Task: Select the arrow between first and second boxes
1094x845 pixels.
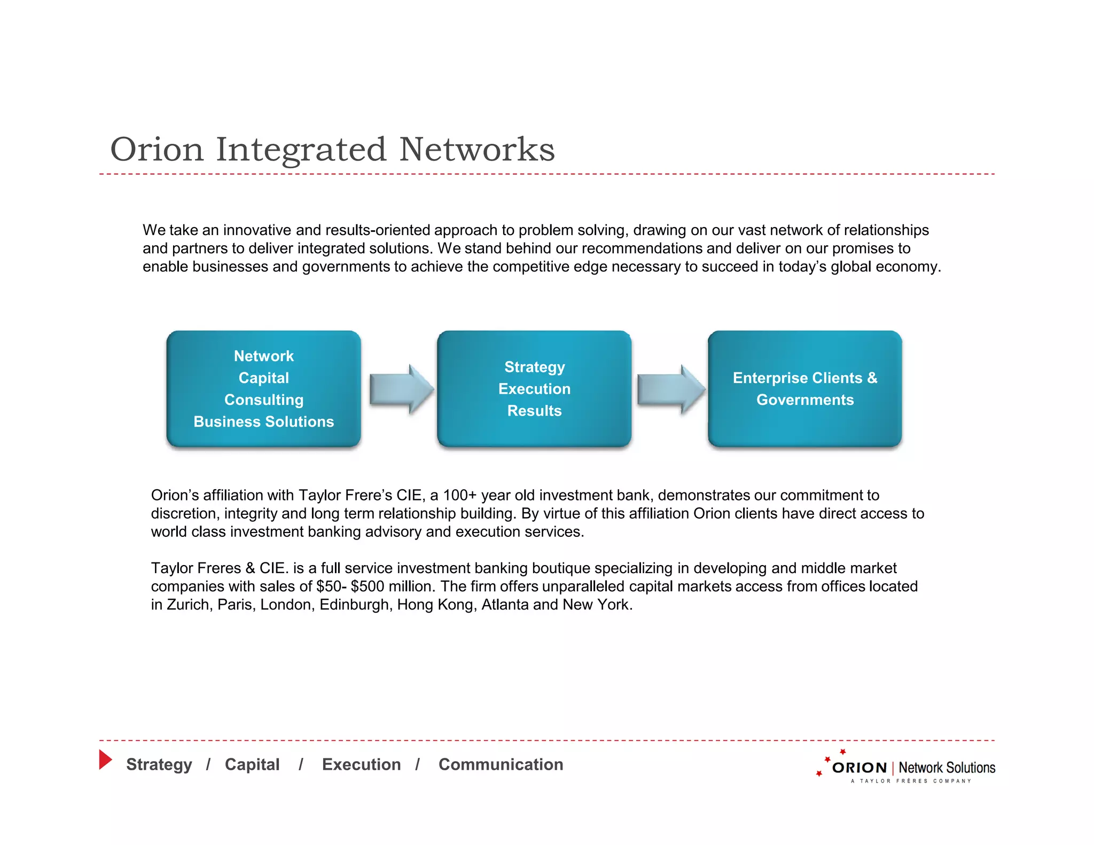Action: [x=401, y=389]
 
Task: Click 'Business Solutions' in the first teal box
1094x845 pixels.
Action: [x=263, y=421]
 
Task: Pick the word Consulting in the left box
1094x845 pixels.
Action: [x=263, y=400]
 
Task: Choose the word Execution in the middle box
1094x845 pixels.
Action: [x=534, y=389]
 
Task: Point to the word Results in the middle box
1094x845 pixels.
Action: [x=534, y=411]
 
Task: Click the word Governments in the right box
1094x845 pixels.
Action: [x=805, y=400]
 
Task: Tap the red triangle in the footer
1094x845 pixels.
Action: [x=105, y=760]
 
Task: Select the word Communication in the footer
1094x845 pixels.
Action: [x=501, y=764]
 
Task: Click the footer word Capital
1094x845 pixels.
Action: [x=252, y=764]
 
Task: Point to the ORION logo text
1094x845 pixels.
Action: [x=859, y=768]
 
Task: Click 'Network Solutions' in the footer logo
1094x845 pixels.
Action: [x=947, y=768]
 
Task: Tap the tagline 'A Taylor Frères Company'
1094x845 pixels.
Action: [x=911, y=781]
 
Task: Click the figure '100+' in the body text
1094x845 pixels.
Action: [x=459, y=495]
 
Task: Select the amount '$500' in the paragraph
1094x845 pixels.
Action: [x=368, y=586]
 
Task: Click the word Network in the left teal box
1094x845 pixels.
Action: [x=263, y=356]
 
